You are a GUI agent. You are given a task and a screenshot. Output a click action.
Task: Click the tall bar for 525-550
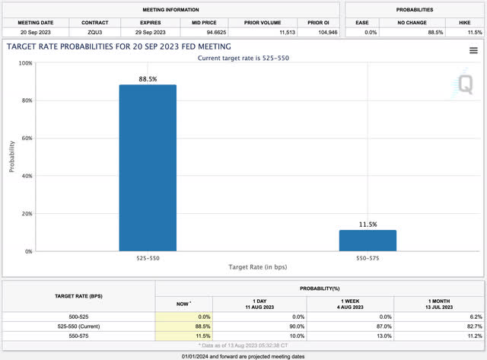[x=148, y=167]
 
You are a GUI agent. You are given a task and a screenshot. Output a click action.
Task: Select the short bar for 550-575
[x=368, y=240]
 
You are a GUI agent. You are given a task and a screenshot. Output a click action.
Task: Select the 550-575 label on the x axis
[x=368, y=259]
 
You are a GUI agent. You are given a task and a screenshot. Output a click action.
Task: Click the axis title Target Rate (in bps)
[x=258, y=268]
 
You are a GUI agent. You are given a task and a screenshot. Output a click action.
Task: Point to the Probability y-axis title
[x=12, y=157]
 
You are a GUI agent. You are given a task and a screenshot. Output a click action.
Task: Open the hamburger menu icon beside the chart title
[x=473, y=50]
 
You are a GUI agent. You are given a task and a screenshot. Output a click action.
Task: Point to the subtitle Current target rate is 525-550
[x=243, y=58]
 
